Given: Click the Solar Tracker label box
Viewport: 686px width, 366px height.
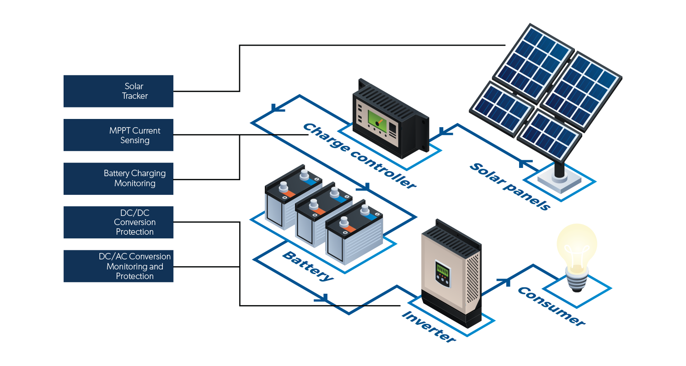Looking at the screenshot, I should click(119, 91).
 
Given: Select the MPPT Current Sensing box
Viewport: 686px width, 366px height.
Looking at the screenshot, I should click(119, 135).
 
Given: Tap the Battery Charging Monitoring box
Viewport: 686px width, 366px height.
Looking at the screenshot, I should click(119, 178).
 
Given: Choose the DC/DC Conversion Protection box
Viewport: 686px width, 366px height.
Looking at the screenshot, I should click(119, 222).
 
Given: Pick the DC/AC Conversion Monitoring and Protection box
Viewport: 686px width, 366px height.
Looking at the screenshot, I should click(119, 266).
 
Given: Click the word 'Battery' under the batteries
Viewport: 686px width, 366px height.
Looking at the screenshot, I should click(307, 266).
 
